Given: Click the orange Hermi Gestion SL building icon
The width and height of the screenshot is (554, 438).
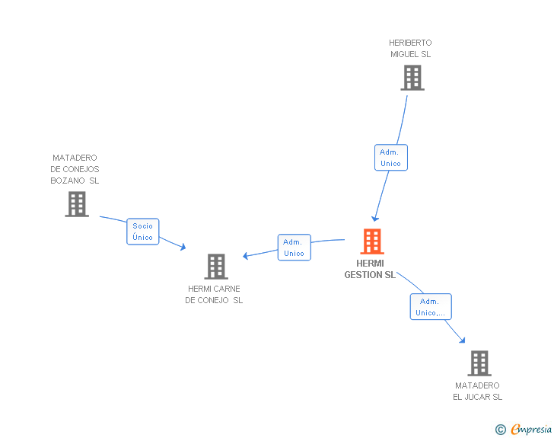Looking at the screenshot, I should click(x=371, y=241).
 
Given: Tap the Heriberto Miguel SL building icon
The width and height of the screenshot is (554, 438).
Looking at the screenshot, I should click(x=412, y=78).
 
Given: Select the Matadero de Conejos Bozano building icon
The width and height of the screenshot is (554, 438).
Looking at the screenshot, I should click(x=77, y=204).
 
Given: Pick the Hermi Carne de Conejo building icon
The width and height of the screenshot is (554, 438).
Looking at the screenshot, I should click(x=216, y=267).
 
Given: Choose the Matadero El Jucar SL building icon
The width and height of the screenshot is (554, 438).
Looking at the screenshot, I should click(x=479, y=363).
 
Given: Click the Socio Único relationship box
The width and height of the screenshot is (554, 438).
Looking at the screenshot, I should click(x=142, y=232).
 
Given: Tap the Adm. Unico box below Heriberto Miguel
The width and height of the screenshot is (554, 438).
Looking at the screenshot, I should click(x=390, y=158).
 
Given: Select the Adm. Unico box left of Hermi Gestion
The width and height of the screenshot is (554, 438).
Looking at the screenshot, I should click(x=294, y=248).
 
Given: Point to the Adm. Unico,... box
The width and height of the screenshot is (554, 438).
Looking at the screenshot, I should click(x=430, y=307).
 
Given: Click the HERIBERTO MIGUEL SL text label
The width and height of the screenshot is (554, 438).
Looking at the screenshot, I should click(x=410, y=49).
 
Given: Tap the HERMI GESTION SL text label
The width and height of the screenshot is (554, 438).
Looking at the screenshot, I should click(x=370, y=269).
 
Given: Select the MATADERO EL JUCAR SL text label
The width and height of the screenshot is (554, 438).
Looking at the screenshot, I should click(x=478, y=391).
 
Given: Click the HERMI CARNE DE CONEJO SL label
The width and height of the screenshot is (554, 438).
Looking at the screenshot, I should click(x=214, y=294).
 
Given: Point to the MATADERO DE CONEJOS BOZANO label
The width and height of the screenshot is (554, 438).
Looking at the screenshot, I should click(x=75, y=169).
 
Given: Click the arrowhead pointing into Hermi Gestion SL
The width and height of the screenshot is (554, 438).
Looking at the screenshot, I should click(x=374, y=219).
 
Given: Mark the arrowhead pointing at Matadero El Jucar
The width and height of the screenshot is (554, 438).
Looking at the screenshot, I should click(x=461, y=340).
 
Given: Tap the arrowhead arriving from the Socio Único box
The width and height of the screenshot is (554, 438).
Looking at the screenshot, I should click(x=183, y=247).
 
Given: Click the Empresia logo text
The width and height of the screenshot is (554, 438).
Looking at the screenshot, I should click(x=531, y=430).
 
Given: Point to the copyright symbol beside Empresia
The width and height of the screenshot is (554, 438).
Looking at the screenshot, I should click(x=500, y=430).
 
